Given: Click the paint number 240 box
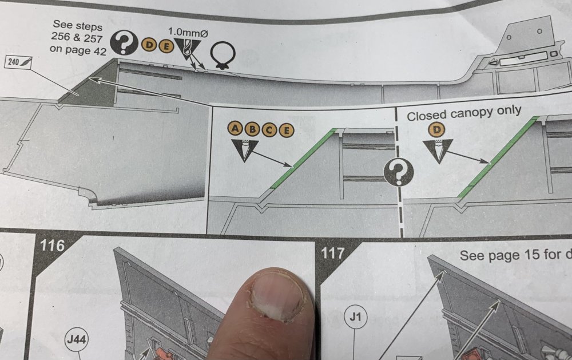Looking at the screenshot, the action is (x=19, y=62).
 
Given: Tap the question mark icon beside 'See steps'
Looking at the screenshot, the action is (x=124, y=43).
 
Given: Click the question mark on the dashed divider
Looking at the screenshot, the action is (x=398, y=171).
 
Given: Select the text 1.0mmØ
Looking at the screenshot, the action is (x=188, y=33).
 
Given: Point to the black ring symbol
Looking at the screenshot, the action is (x=222, y=55).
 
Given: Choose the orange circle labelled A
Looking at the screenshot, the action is (x=236, y=129).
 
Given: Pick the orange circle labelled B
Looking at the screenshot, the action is (x=252, y=129).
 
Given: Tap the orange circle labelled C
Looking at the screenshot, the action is (x=269, y=129).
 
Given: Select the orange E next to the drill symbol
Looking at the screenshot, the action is (x=166, y=46).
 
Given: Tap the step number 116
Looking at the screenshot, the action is (x=52, y=246).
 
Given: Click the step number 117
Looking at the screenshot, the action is (x=332, y=252).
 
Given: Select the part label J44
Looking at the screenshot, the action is (x=77, y=339).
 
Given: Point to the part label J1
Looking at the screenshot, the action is (x=355, y=316).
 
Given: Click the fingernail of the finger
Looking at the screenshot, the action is (x=277, y=296).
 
